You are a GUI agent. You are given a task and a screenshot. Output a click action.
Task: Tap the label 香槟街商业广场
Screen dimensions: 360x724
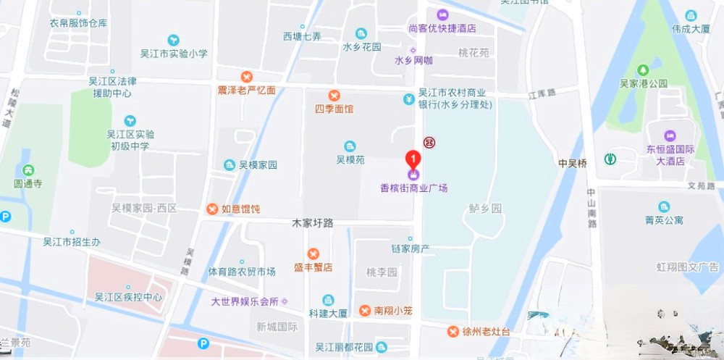coord(414,188)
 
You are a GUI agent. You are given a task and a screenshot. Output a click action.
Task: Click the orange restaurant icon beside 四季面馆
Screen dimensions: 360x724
coord(334,96)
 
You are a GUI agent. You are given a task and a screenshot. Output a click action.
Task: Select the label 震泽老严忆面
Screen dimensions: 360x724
coord(247,90)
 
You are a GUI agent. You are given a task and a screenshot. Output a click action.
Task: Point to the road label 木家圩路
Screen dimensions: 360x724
coord(312,223)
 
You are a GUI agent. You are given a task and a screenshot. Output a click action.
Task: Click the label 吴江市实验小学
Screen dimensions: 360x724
coord(173,54)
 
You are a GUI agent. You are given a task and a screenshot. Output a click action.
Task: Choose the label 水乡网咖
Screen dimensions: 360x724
coord(413,61)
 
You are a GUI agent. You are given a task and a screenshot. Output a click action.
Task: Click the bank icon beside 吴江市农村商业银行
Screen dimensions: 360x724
coord(409,99)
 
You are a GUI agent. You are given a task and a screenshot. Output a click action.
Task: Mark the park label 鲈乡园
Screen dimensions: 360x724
coord(485,209)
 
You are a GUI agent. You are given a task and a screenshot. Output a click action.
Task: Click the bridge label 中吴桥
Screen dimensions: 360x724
coord(572,164)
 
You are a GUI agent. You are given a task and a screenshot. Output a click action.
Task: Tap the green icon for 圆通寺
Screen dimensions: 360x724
coord(28,170)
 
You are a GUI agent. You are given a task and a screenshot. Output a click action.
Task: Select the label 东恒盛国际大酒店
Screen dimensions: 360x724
coord(670,156)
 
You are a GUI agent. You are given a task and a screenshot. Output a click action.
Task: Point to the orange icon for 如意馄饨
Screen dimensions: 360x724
coord(212,209)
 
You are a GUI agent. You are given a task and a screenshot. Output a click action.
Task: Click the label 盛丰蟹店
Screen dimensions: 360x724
coord(313,267)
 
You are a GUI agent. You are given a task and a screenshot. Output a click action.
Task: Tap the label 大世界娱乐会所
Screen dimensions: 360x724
coord(245,301)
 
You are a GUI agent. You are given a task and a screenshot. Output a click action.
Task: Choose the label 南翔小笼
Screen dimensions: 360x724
coord(392,310)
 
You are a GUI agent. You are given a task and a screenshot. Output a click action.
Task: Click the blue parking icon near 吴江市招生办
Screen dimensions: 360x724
coord(6,216)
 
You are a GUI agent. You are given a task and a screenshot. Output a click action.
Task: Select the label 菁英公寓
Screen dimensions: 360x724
coord(664,219)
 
